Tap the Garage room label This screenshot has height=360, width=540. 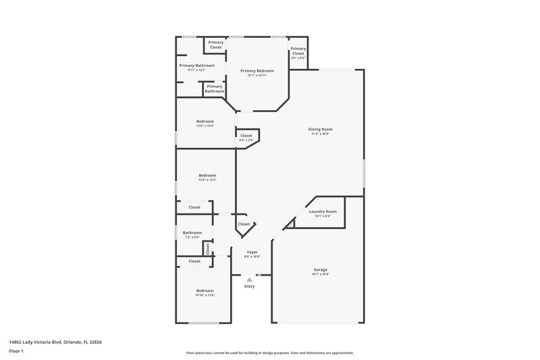pos(320,269)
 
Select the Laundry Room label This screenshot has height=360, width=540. pos(323,211)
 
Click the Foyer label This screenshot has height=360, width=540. pos(251,252)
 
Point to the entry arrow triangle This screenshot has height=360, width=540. pos(250,278)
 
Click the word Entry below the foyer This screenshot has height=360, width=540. pos(250,286)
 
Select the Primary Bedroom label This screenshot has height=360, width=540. pos(257,71)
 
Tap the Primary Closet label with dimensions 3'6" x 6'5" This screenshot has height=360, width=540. pos(298,51)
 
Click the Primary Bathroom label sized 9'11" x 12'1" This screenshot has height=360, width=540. pos(196,66)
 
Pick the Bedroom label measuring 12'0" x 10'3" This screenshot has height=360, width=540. pos(205,122)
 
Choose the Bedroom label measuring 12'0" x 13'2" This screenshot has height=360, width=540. pos(207,176)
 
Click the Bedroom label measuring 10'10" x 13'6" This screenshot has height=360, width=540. pos(205,290)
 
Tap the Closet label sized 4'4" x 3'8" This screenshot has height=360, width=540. pos(246,136)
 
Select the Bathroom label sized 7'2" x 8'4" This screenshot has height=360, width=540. pos(192,233)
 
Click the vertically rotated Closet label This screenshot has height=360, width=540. pos(208,249)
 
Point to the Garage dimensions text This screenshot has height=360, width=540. pos(320,274)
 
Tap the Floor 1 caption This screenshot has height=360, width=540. pos(17,352)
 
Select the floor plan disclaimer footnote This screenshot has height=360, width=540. pos(269,353)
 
